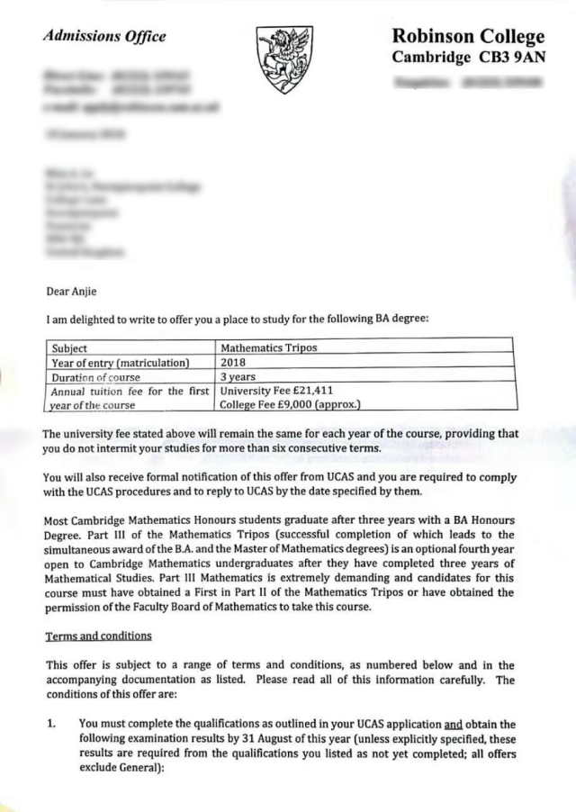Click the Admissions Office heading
point(104,37)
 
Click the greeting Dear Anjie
point(72,291)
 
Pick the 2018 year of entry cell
point(233,363)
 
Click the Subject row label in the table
point(69,348)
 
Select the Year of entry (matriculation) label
point(120,363)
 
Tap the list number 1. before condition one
point(52,723)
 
